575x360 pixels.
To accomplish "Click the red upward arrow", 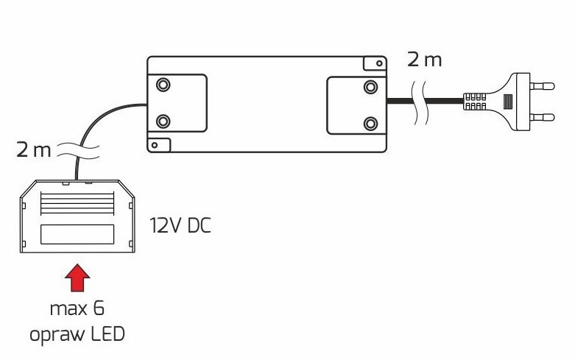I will pyautogui.click(x=78, y=279).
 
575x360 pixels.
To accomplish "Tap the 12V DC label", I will pyautogui.click(x=180, y=225).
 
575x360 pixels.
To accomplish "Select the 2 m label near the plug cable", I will pyautogui.click(x=425, y=60).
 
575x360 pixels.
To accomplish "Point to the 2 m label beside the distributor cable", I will pyautogui.click(x=33, y=152).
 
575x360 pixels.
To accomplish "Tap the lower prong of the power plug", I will pyautogui.click(x=543, y=116).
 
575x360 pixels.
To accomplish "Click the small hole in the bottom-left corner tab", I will pyautogui.click(x=154, y=144).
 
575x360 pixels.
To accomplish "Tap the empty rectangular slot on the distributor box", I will pyautogui.click(x=77, y=234).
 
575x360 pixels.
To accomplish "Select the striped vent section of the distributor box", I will pyautogui.click(x=77, y=202).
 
